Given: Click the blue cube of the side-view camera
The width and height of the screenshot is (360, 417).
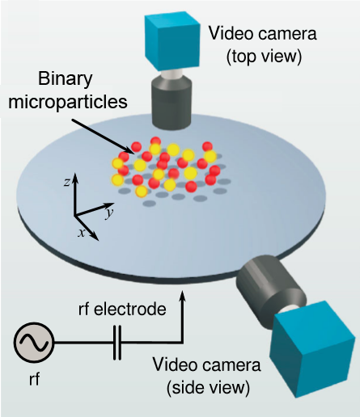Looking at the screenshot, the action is tap(313, 350).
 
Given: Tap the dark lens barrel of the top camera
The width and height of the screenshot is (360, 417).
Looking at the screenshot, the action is tap(172, 103).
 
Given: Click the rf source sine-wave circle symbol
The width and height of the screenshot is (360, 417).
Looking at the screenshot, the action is tap(34, 343).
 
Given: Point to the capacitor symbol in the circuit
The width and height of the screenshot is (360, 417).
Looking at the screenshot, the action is tap(117, 343).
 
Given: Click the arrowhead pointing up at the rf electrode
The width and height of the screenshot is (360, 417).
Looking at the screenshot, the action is tap(183, 296).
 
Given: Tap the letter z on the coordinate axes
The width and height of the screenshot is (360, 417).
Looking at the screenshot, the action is tap(66, 183).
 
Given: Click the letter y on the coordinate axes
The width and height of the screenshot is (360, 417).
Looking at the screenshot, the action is tap(109, 213).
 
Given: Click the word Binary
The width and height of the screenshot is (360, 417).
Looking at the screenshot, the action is tap(65, 79).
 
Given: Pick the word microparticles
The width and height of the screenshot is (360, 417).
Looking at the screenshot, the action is tap(68, 103).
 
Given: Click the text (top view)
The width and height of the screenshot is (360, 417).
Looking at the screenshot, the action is tap(264, 57).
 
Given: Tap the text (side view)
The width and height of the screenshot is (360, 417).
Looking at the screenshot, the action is tap(208, 387).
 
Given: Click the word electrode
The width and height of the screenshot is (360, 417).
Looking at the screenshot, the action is tap(129, 310).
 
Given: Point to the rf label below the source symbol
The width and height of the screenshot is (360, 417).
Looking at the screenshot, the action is tap(34, 379).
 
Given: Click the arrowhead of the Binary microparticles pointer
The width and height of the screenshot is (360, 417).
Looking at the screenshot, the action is tap(130, 150).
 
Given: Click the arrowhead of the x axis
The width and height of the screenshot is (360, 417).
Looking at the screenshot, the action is tap(95, 236).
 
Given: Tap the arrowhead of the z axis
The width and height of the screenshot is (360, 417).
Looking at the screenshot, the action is tap(75, 178).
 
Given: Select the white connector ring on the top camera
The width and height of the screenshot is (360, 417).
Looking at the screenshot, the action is tap(172, 74).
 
